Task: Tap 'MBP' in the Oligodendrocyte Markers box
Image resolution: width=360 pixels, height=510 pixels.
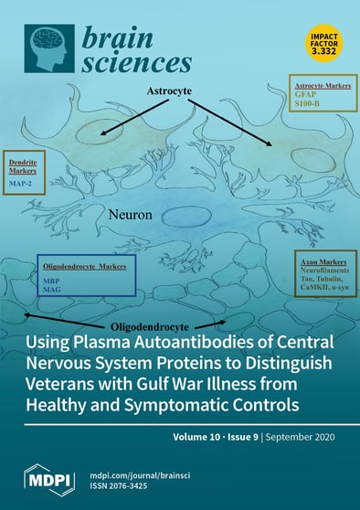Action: pyautogui.click(x=52, y=282)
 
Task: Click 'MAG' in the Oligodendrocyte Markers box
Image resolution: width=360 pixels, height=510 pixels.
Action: pyautogui.click(x=52, y=292)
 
